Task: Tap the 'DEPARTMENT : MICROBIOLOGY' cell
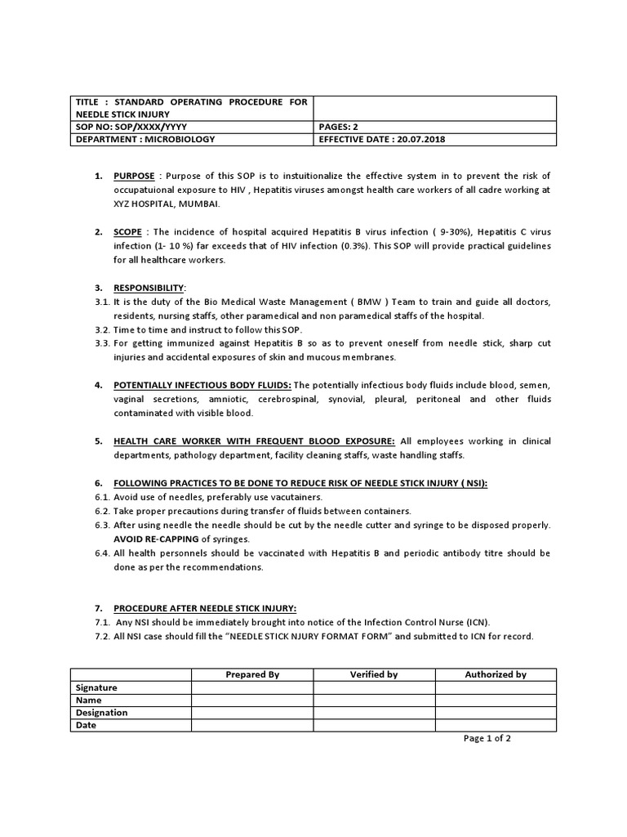pyautogui.click(x=145, y=139)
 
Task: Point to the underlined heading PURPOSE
pyautogui.click(x=133, y=177)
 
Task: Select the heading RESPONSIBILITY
pyautogui.click(x=149, y=289)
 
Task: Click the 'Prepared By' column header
pyautogui.click(x=252, y=674)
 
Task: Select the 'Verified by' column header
pyautogui.click(x=374, y=674)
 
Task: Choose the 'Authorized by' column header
pyautogui.click(x=496, y=674)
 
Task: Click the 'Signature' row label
pyautogui.click(x=96, y=687)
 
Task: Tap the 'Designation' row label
pyautogui.click(x=101, y=712)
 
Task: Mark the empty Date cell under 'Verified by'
pyautogui.click(x=374, y=725)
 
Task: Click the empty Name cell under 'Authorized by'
pyautogui.click(x=496, y=700)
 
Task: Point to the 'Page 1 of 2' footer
pyautogui.click(x=487, y=738)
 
